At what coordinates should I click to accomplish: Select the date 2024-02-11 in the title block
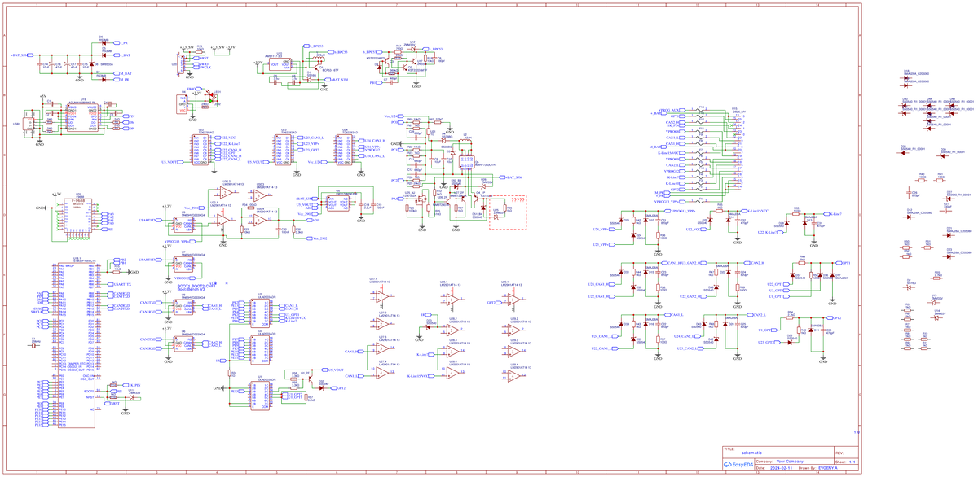point(779,468)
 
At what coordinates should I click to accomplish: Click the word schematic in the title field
point(751,452)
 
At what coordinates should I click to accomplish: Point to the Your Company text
point(791,461)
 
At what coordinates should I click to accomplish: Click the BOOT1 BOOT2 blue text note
point(196,287)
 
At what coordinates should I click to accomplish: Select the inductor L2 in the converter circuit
point(465,138)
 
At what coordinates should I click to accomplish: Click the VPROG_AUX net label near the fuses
point(668,110)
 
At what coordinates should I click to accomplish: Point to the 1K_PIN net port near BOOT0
point(117,384)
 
